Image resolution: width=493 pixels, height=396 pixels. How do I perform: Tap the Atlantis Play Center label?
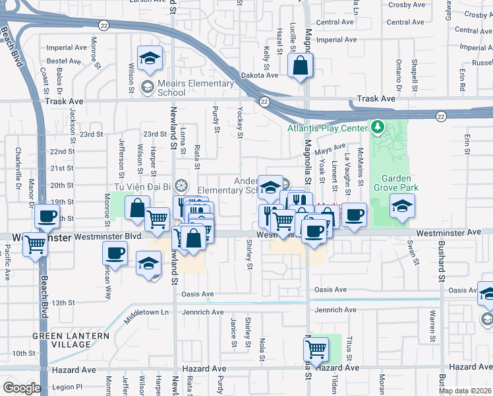(327, 129)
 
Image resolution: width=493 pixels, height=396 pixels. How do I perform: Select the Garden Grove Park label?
(395, 183)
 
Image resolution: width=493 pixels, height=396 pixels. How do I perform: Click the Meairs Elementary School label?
(196, 88)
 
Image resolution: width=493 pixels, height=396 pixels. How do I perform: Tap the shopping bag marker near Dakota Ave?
(300, 66)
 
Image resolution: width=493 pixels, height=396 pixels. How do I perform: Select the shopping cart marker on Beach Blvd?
(35, 245)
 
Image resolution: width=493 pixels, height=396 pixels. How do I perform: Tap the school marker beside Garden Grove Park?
(402, 206)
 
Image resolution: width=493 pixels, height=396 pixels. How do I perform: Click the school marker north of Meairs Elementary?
(150, 58)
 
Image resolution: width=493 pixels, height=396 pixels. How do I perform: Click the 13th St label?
(63, 302)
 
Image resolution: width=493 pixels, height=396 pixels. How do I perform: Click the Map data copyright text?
(465, 391)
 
